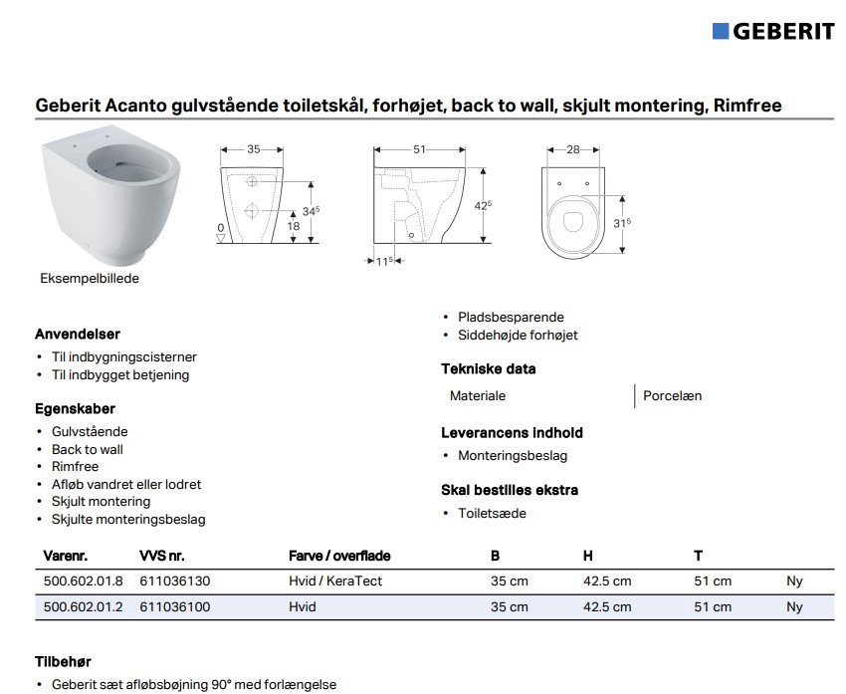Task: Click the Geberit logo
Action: [772, 31]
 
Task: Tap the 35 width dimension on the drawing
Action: [253, 149]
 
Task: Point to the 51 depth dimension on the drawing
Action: [419, 149]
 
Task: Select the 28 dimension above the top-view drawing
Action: [572, 149]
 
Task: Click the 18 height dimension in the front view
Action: [294, 226]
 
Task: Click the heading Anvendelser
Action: [78, 335]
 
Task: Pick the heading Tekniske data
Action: [489, 368]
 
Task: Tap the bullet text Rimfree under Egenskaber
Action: [76, 466]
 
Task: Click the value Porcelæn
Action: [672, 395]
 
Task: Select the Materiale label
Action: [478, 395]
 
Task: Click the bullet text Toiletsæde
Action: [492, 513]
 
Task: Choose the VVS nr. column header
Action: [162, 556]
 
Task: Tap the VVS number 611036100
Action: [175, 606]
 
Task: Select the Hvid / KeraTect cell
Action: [335, 580]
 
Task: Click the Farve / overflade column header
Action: [339, 556]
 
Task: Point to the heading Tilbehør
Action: [63, 661]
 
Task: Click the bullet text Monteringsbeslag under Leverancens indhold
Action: [513, 455]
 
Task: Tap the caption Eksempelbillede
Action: [90, 279]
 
